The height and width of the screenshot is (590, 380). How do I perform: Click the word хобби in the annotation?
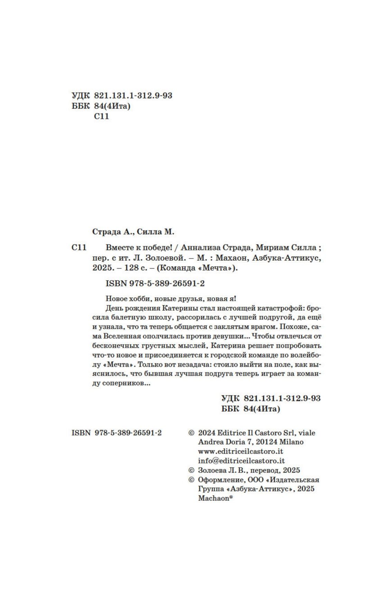138,298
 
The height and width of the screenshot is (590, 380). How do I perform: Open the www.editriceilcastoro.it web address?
240,451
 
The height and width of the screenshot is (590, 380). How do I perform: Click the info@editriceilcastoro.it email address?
241,460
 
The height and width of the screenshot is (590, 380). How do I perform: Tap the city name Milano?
291,442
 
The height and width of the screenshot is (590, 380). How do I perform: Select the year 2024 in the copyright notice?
207,432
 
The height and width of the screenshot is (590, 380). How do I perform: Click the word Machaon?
213,498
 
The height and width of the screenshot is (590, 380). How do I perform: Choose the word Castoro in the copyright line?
268,432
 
